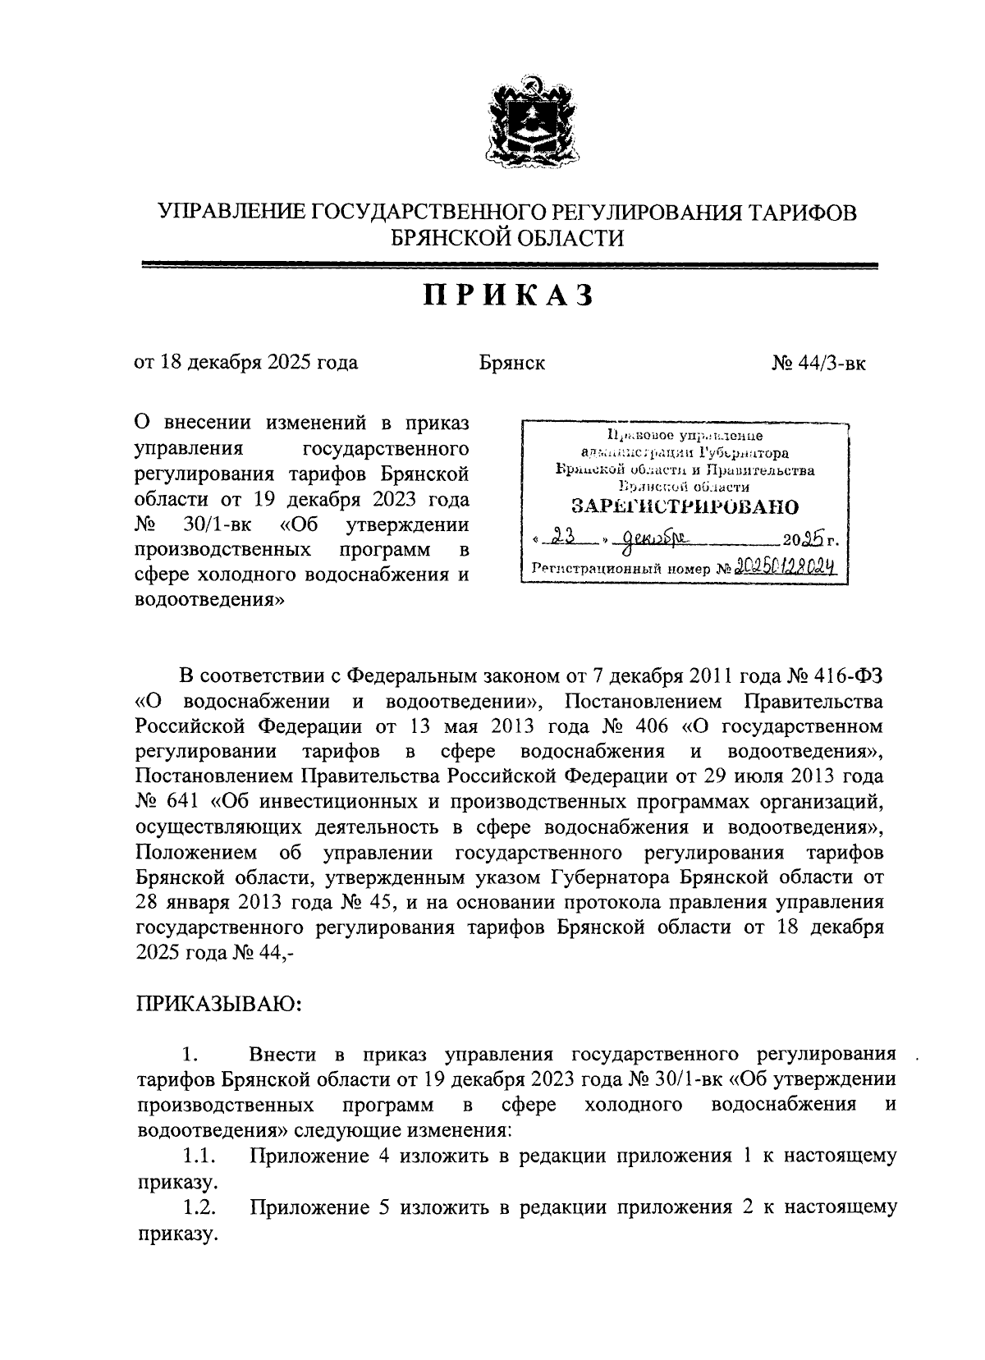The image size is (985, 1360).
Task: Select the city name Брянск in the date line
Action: pyautogui.click(x=512, y=362)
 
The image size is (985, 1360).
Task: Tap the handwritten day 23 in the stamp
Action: pyautogui.click(x=562, y=538)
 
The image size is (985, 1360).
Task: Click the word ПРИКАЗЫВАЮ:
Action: pyautogui.click(x=218, y=1004)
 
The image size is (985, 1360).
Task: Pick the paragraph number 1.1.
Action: pyautogui.click(x=199, y=1156)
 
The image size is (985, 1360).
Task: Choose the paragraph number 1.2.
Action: pyautogui.click(x=199, y=1207)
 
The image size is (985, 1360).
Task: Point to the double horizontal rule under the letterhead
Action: pyautogui.click(x=510, y=264)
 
